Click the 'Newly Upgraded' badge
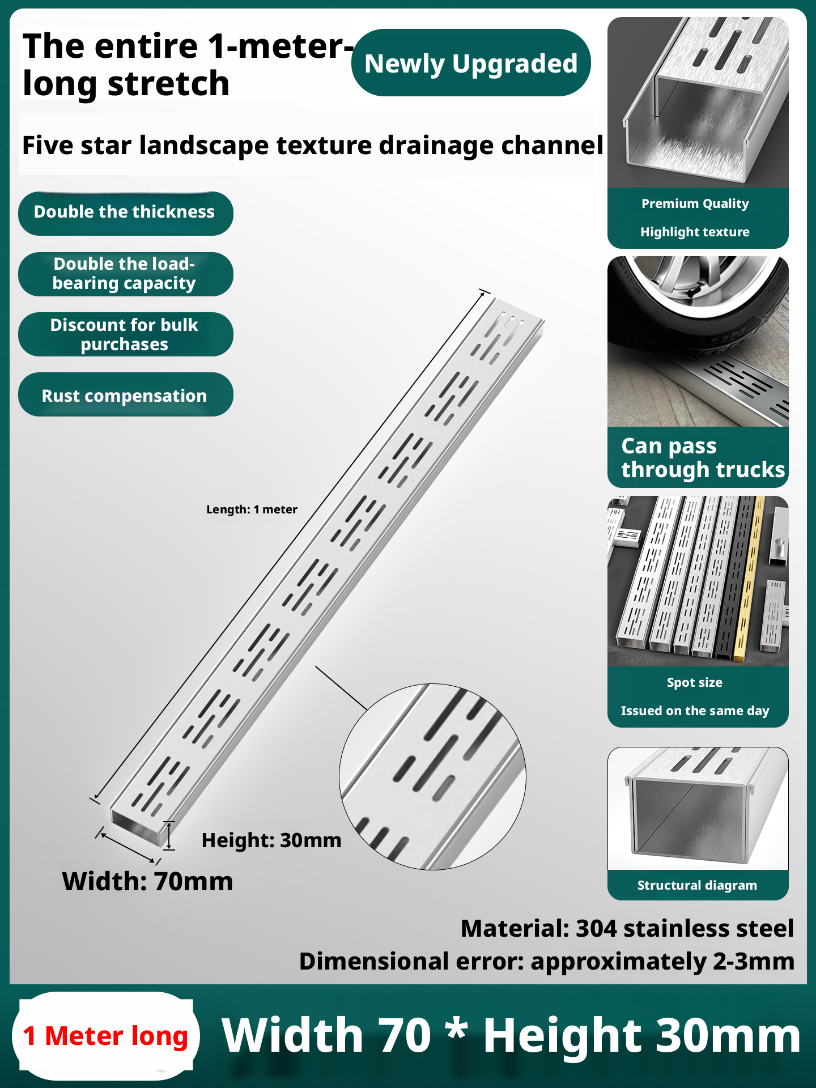click(x=471, y=63)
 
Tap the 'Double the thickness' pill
click(x=125, y=212)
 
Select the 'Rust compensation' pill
click(x=125, y=395)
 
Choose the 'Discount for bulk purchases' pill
click(x=125, y=334)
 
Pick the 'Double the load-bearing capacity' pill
click(x=125, y=274)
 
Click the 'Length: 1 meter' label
click(x=252, y=509)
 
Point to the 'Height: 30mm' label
click(x=271, y=840)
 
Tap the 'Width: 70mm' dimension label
click(x=147, y=881)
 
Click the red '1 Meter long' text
click(x=105, y=1036)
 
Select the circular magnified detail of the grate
click(x=432, y=776)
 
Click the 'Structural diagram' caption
click(x=697, y=885)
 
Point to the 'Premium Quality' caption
click(x=695, y=203)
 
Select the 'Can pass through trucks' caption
click(x=703, y=458)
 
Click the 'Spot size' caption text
click(x=695, y=682)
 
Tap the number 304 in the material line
click(x=596, y=929)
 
